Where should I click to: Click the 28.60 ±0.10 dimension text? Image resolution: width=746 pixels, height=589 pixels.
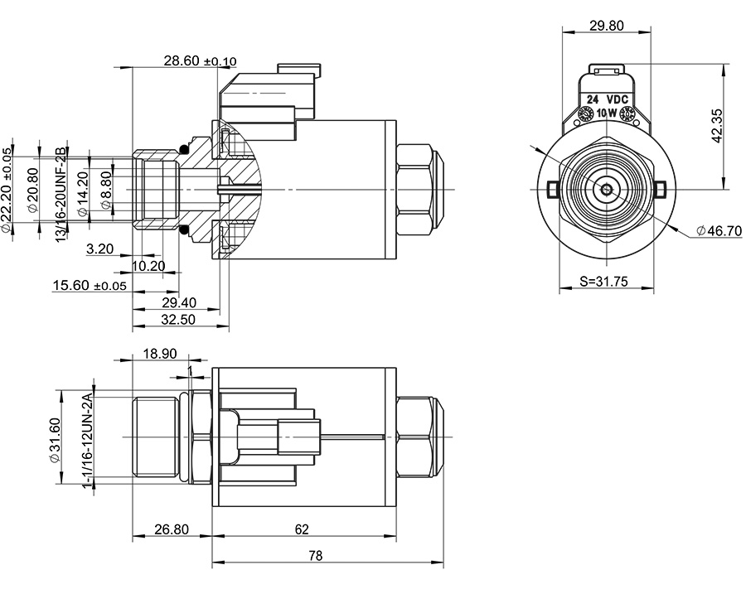[200, 60]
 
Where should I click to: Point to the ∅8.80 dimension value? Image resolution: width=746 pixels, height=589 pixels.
[105, 190]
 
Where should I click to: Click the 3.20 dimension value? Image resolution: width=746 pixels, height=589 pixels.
[99, 249]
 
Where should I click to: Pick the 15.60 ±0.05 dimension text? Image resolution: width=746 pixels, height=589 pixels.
[90, 285]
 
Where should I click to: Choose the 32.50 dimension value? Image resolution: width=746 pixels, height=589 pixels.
[178, 319]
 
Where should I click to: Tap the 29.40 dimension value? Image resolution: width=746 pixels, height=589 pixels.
[180, 302]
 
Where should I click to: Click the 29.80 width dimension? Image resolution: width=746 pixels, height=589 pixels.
[606, 26]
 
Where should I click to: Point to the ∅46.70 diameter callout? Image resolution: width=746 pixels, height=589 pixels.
[718, 231]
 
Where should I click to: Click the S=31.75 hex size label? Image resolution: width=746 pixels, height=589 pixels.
[604, 282]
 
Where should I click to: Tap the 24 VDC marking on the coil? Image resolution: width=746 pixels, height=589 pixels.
[606, 99]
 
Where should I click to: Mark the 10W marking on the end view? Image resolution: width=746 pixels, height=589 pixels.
[606, 113]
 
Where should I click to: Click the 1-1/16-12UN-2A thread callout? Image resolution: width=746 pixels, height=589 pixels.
[85, 440]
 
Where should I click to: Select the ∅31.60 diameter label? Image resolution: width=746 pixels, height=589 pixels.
[55, 439]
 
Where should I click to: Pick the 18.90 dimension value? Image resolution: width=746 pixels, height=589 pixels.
[159, 354]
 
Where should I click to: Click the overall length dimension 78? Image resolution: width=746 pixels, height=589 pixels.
[315, 555]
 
